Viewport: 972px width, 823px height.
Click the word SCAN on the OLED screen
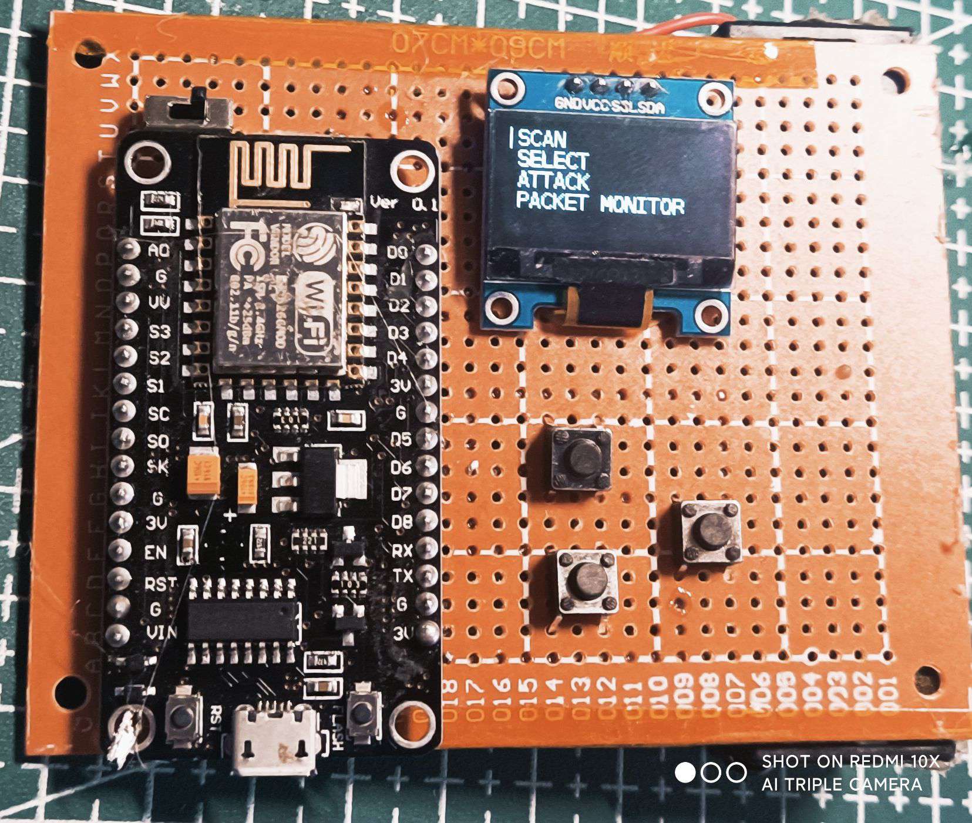(542, 139)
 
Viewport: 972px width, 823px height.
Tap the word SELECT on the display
(552, 160)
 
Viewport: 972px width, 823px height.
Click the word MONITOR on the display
(642, 205)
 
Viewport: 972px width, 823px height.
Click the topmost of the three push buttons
(580, 459)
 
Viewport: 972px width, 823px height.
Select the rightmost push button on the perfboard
(709, 531)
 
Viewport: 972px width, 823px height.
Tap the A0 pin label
(158, 250)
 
